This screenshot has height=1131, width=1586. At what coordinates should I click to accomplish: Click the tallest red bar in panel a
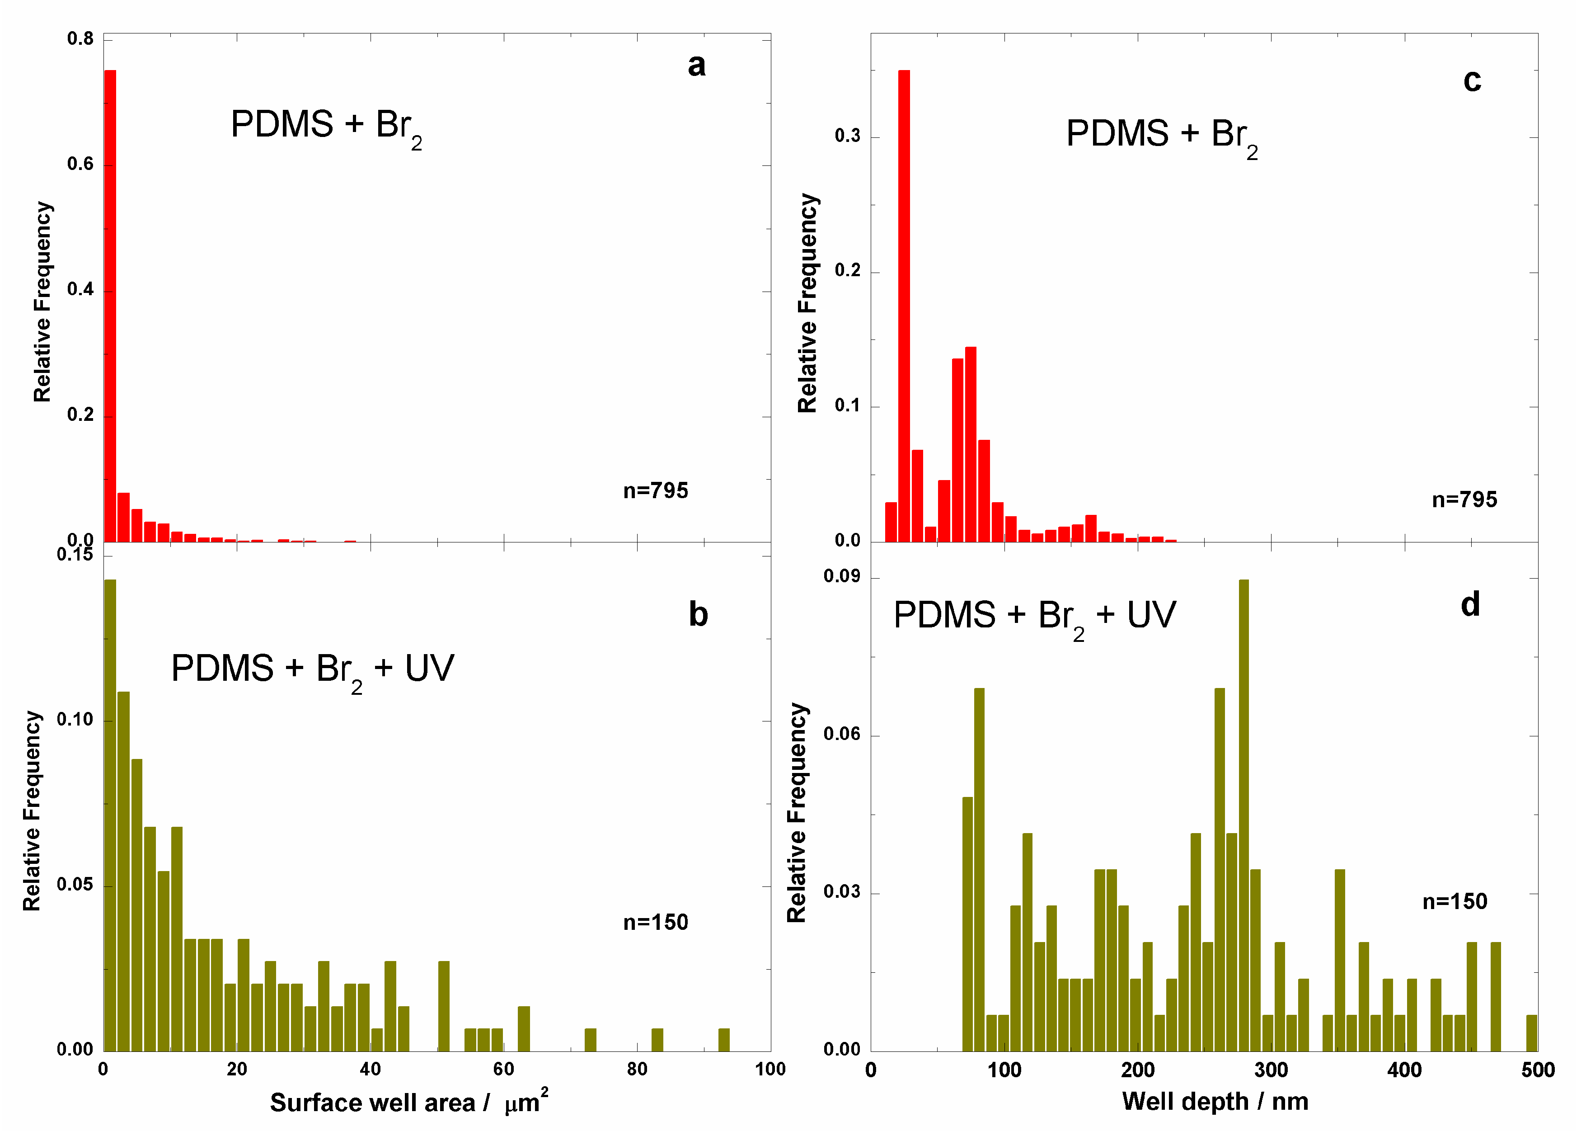pyautogui.click(x=110, y=306)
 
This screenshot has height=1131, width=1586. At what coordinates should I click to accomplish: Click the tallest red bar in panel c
pyautogui.click(x=904, y=306)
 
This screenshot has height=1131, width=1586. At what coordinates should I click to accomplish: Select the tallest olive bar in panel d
pyautogui.click(x=1243, y=815)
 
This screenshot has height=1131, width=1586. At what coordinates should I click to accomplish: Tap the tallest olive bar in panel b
pyautogui.click(x=110, y=815)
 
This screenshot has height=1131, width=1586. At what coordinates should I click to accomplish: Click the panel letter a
pyautogui.click(x=696, y=66)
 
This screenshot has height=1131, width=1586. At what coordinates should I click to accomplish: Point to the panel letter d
pyautogui.click(x=1470, y=604)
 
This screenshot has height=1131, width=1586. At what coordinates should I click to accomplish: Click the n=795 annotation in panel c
pyautogui.click(x=1464, y=500)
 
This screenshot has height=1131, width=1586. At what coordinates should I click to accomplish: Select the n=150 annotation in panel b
pyautogui.click(x=655, y=922)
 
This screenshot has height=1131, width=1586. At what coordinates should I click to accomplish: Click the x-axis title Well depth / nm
pyautogui.click(x=1215, y=1101)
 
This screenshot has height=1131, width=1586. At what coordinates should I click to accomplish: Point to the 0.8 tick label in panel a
pyautogui.click(x=80, y=39)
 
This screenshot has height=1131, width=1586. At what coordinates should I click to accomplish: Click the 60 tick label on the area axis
pyautogui.click(x=503, y=1069)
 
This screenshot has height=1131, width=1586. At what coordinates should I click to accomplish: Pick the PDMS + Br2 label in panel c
pyautogui.click(x=1161, y=136)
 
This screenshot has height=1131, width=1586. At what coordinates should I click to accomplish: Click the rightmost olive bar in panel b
pyautogui.click(x=723, y=1039)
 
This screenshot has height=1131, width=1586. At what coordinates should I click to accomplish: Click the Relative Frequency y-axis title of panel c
pyautogui.click(x=807, y=303)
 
